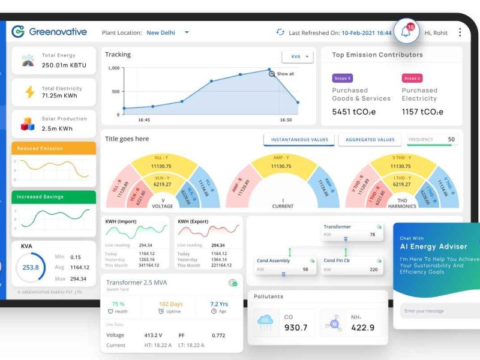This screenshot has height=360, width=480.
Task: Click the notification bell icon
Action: [x=406, y=32]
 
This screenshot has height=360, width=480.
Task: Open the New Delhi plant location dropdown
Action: [x=187, y=32]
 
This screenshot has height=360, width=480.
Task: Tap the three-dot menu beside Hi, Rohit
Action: [x=460, y=32]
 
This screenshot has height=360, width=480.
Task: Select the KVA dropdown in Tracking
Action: [x=298, y=57]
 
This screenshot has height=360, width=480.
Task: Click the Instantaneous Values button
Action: [x=299, y=140]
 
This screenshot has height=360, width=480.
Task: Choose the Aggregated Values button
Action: [x=370, y=140]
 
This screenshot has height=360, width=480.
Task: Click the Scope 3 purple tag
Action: [x=342, y=78]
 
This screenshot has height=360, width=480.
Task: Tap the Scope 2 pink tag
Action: [x=412, y=78]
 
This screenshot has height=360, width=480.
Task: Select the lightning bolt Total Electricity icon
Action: [x=29, y=92]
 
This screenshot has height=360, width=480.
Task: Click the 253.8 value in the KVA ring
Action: [x=31, y=268]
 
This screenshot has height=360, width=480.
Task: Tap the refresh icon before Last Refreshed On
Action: [x=280, y=32]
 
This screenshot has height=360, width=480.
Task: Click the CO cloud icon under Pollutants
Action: [x=265, y=323]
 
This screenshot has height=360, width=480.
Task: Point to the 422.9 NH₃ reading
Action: [x=362, y=328]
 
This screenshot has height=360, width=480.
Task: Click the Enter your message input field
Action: [x=438, y=311]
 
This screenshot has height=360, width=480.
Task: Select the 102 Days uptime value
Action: [x=171, y=304]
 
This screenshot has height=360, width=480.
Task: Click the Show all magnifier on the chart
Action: [x=272, y=74]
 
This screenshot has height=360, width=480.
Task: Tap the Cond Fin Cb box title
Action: [x=337, y=260]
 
